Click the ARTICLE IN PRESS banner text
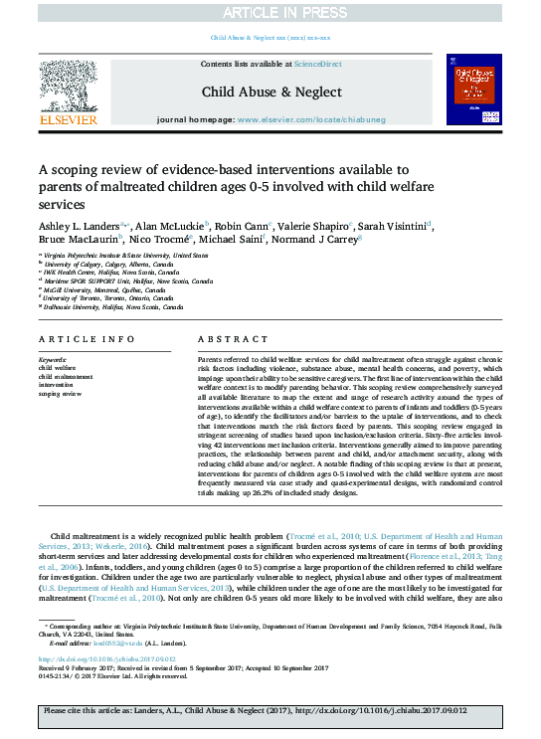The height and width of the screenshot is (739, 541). (270, 11)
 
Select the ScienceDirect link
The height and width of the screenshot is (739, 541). (317, 64)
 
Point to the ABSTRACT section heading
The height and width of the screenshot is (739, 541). (230, 340)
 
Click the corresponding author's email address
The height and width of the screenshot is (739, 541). (121, 643)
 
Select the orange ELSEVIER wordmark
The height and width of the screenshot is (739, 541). (68, 120)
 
